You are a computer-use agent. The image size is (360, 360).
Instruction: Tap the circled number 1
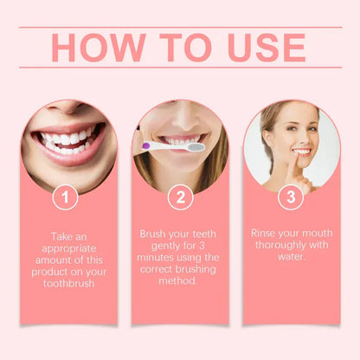click(64, 197)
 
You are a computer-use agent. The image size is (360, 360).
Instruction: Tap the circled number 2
click(179, 197)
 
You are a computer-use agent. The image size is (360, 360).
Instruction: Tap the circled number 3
click(291, 197)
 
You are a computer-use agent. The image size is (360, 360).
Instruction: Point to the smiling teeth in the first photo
click(67, 139)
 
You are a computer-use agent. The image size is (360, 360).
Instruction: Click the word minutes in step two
click(161, 258)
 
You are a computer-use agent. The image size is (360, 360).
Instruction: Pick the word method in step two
click(179, 282)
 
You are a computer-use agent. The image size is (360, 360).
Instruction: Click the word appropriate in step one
click(63, 246)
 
